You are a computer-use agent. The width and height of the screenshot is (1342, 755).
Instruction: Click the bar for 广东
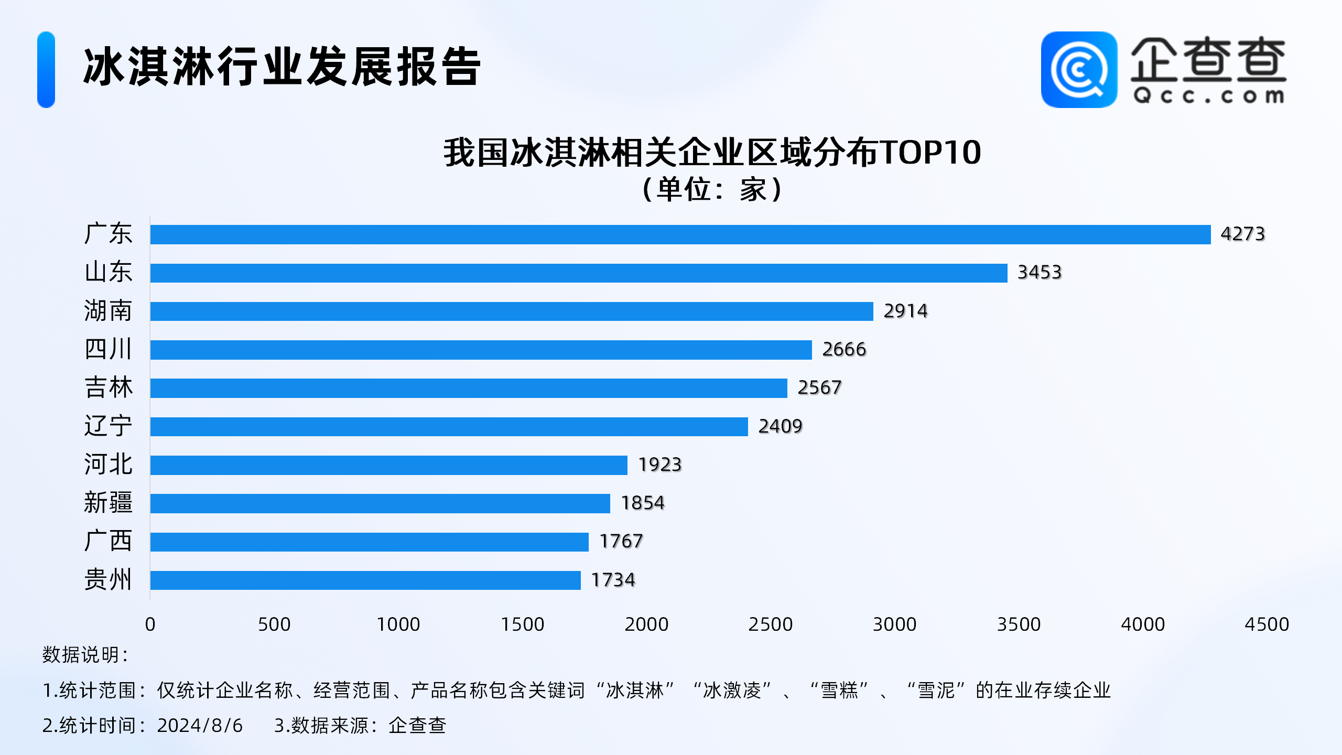click(x=680, y=234)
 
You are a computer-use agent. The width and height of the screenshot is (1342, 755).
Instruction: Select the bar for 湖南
click(x=512, y=311)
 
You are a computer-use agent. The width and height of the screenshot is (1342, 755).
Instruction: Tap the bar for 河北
click(x=388, y=465)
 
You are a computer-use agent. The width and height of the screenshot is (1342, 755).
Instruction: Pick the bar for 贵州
click(x=365, y=580)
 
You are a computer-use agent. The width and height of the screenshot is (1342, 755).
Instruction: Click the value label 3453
click(x=1039, y=273)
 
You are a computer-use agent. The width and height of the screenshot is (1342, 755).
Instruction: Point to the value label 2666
click(x=843, y=350)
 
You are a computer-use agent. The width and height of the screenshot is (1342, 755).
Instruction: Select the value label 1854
click(x=642, y=503)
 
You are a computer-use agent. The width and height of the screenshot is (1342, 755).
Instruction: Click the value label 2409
click(x=780, y=426)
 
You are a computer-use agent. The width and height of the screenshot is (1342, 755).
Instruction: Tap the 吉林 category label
click(x=109, y=388)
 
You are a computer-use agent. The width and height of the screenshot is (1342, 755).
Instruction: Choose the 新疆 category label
click(x=109, y=503)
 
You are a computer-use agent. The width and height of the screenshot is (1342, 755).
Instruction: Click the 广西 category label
click(x=109, y=541)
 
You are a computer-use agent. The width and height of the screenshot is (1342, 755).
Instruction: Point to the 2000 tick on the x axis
click(x=646, y=624)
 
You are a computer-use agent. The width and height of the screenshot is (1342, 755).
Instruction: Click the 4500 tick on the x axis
click(x=1266, y=624)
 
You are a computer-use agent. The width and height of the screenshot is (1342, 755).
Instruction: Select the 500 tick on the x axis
click(x=274, y=624)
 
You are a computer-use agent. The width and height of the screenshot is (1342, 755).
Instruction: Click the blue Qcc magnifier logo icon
click(x=1078, y=70)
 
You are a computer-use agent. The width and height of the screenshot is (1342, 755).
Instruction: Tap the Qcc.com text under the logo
click(x=1208, y=96)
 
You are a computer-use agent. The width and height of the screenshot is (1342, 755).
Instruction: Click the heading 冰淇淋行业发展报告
click(x=282, y=67)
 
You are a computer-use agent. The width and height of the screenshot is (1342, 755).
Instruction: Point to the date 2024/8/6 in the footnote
click(x=200, y=726)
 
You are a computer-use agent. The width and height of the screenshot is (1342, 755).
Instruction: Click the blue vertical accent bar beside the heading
click(x=46, y=70)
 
